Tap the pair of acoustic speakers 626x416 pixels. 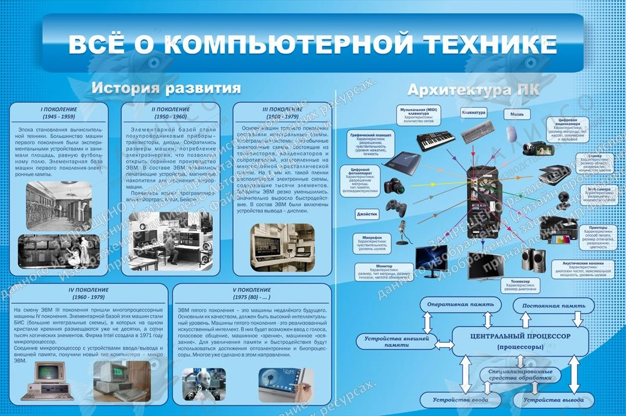coord(533,258)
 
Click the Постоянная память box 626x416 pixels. coord(551,306)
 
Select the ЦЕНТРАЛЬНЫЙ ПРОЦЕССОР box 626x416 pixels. coord(520,341)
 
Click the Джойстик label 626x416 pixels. coord(367,213)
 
